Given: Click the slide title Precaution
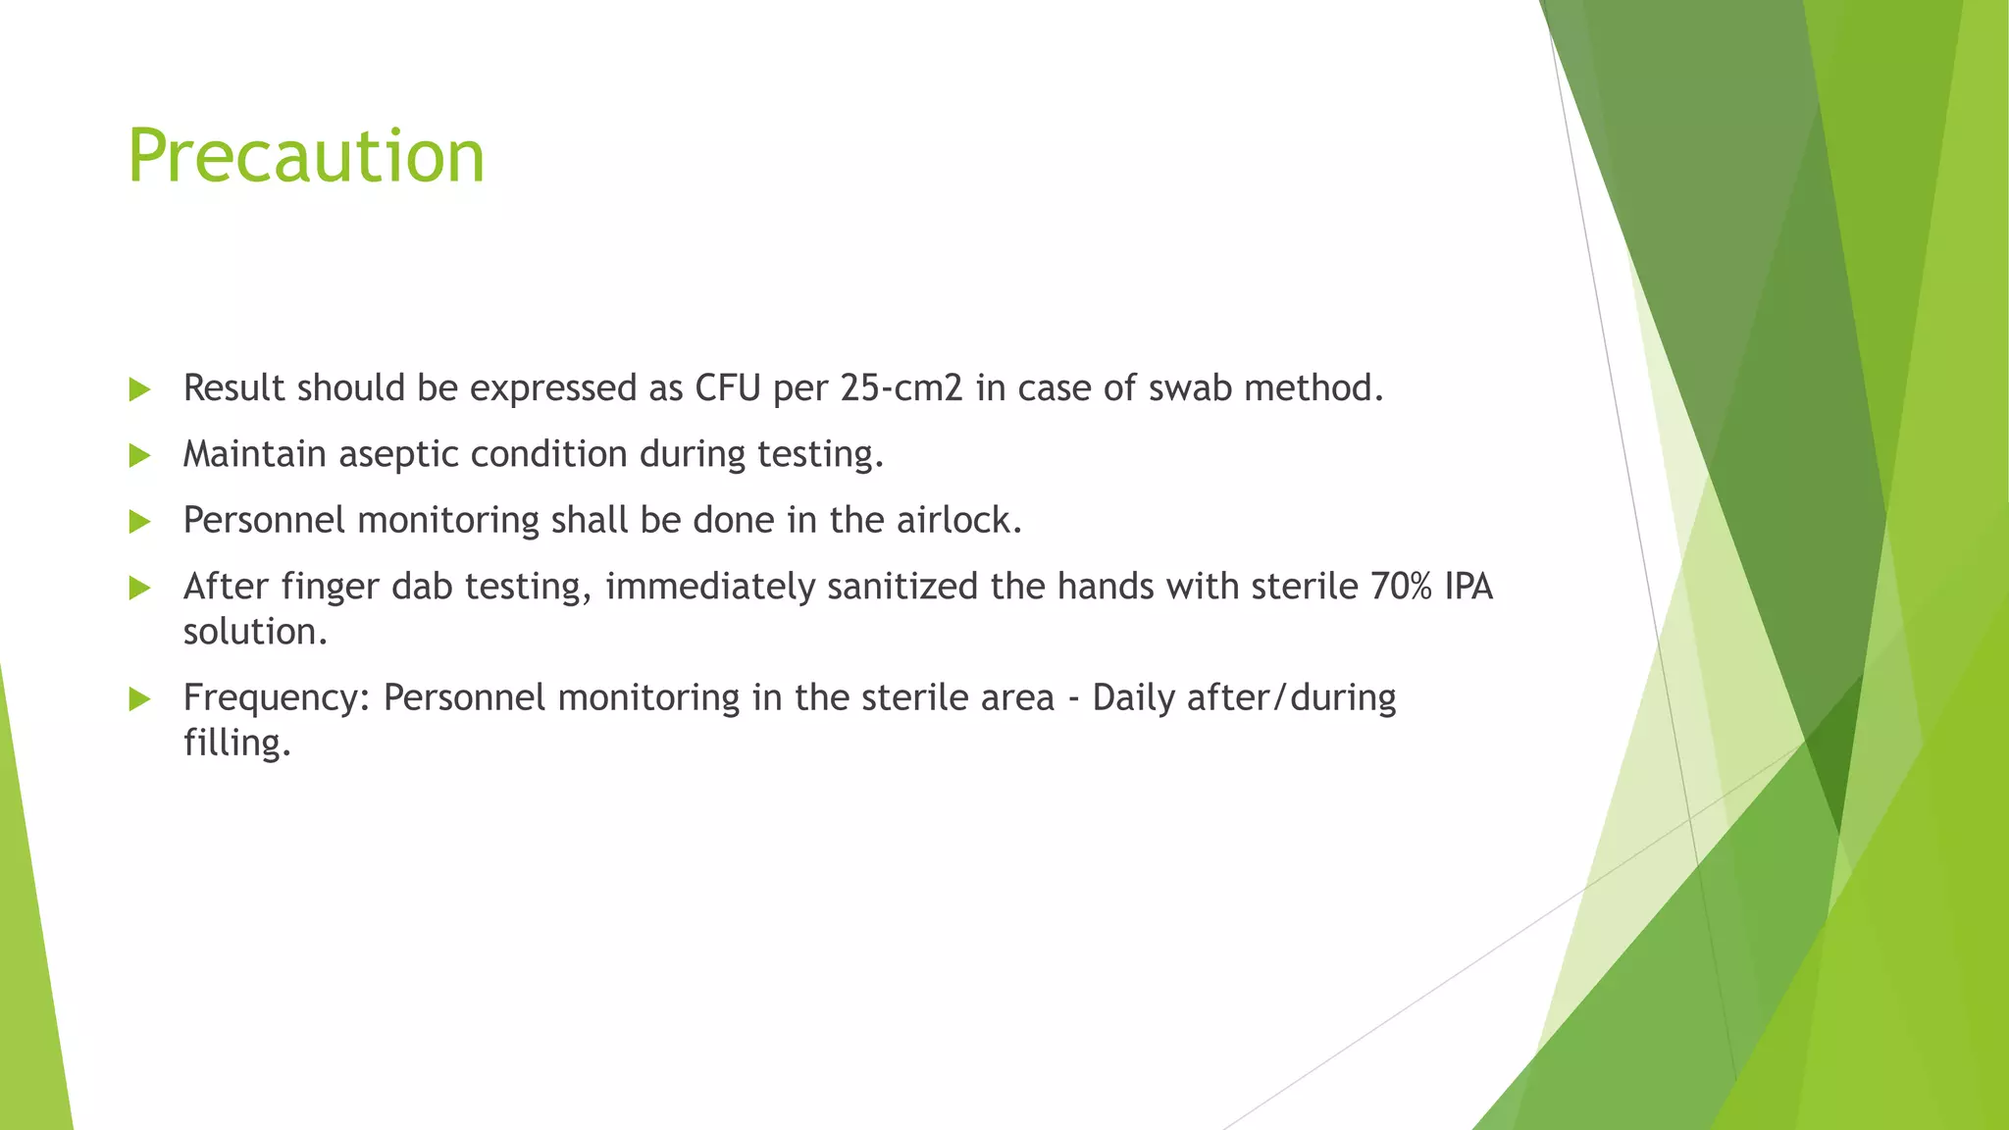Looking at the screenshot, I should click(306, 157).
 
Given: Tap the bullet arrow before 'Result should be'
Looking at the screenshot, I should click(139, 390).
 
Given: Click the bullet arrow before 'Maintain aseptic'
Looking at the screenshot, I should click(139, 456).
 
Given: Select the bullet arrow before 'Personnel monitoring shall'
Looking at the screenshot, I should click(139, 522).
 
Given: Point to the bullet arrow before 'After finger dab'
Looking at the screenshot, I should click(139, 589).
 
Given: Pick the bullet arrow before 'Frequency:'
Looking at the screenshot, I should click(139, 699).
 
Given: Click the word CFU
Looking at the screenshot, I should click(728, 388).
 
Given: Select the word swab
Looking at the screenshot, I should click(1190, 388).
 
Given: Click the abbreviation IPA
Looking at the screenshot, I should click(1468, 587).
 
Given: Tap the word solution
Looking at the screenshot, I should click(255, 632).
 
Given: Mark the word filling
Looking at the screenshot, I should click(237, 743).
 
